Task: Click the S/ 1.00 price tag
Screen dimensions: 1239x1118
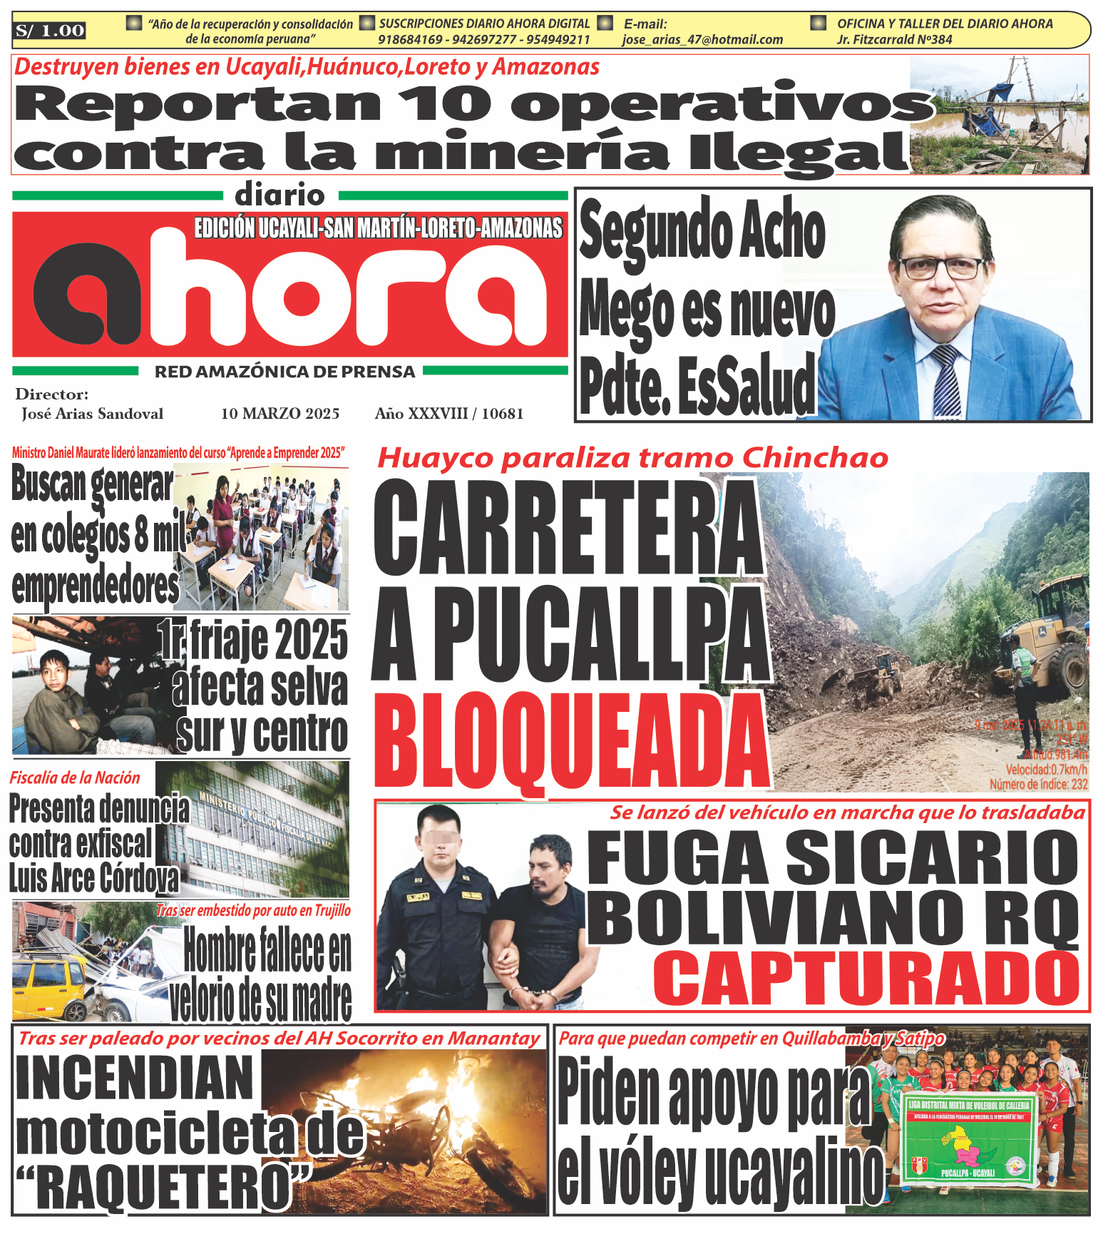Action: pyautogui.click(x=50, y=31)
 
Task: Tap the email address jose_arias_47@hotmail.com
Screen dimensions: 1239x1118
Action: pyautogui.click(x=702, y=40)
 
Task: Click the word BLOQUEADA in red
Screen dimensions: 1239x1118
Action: pyautogui.click(x=571, y=741)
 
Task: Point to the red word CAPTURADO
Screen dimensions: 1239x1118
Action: pyautogui.click(x=867, y=978)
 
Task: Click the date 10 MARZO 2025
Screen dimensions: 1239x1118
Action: pyautogui.click(x=280, y=414)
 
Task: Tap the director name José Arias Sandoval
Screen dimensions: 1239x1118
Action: pyautogui.click(x=92, y=414)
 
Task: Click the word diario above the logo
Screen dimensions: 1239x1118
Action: pyautogui.click(x=279, y=195)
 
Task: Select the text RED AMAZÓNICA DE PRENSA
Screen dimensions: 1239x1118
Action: pyautogui.click(x=284, y=372)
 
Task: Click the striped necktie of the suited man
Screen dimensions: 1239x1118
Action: pyautogui.click(x=946, y=378)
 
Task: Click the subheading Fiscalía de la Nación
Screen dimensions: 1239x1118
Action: pyautogui.click(x=75, y=778)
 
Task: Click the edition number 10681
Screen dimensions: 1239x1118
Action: pyautogui.click(x=503, y=414)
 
